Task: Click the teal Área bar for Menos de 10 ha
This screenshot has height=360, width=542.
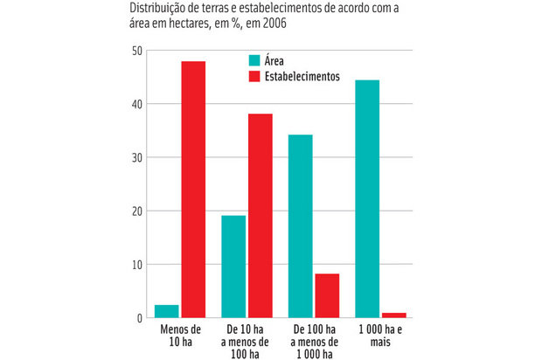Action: pyautogui.click(x=167, y=311)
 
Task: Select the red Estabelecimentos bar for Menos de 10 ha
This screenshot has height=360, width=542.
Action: pyautogui.click(x=192, y=189)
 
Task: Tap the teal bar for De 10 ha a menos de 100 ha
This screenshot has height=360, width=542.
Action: pyautogui.click(x=233, y=266)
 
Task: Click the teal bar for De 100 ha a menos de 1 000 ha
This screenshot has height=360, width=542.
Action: pyautogui.click(x=301, y=225)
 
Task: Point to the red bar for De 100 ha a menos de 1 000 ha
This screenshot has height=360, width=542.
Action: pyautogui.click(x=327, y=295)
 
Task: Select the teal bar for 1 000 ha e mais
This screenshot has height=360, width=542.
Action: pyautogui.click(x=367, y=198)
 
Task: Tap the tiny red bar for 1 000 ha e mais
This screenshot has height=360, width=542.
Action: pyautogui.click(x=393, y=315)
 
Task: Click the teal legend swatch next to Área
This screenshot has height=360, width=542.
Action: pyautogui.click(x=254, y=60)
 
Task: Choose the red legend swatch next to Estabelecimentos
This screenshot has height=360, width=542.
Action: pyautogui.click(x=254, y=76)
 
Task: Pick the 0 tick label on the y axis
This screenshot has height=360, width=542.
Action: pyautogui.click(x=138, y=318)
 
